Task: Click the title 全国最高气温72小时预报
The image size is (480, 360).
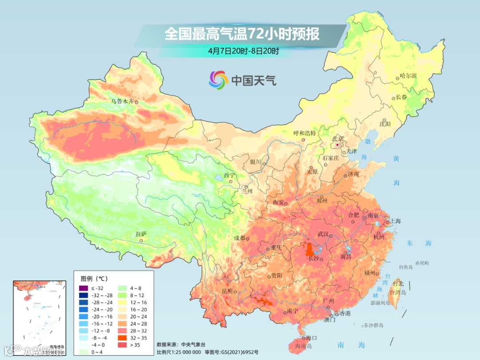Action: [x=242, y=34]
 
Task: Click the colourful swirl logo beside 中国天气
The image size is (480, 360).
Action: [x=218, y=80]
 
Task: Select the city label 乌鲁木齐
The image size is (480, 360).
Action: [x=122, y=101]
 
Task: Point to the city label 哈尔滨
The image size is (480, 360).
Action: [x=408, y=76]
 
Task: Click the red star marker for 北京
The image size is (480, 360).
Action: [x=338, y=145]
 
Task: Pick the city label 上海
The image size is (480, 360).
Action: [x=395, y=221]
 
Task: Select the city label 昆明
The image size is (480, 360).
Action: [x=227, y=291]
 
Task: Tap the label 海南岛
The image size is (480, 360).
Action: [x=304, y=346]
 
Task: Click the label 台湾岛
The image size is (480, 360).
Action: [x=398, y=292]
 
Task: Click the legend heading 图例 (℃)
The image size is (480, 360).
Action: [x=94, y=279]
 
